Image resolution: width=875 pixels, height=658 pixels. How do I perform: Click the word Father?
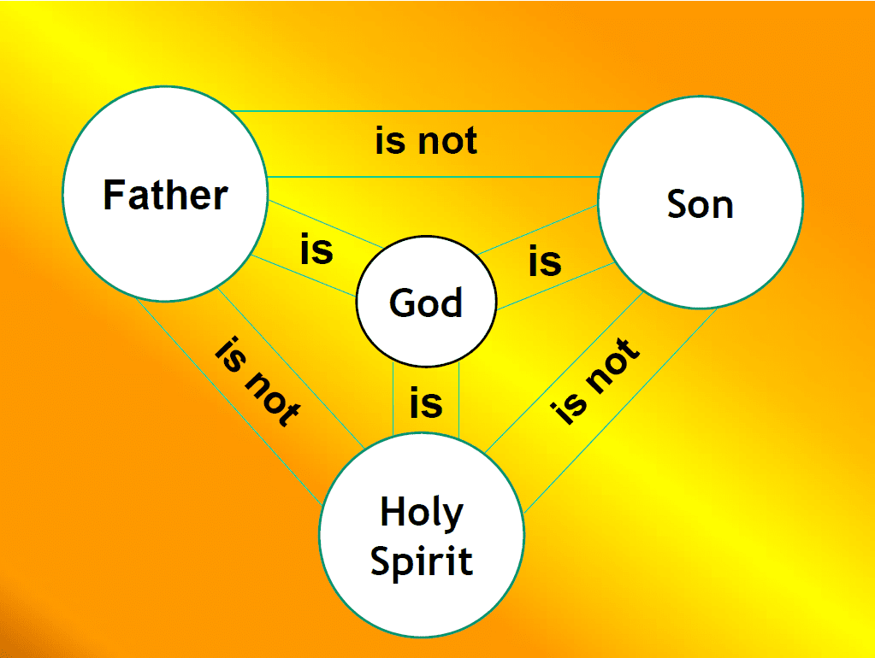[x=165, y=195]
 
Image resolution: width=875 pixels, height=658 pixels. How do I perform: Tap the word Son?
[x=700, y=204]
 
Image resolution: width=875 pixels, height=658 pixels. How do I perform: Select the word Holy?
[x=421, y=514]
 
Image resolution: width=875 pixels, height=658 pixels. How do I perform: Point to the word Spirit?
[x=421, y=561]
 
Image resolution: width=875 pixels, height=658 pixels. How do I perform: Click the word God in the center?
[x=425, y=303]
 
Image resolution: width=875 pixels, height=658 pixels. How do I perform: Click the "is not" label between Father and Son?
[x=426, y=140]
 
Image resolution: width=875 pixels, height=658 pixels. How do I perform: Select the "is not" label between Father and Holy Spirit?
[x=257, y=381]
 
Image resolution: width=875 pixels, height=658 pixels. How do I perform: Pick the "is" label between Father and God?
[x=316, y=251]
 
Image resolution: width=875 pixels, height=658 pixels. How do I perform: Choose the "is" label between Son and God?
[x=545, y=261]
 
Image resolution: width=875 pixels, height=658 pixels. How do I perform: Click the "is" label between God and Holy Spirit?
[x=426, y=402]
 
